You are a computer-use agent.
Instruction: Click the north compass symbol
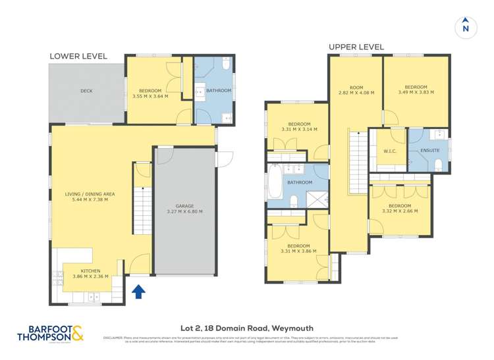tap(466, 27)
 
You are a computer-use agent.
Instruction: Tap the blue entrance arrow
tap(139, 291)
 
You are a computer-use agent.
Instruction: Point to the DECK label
tap(86, 91)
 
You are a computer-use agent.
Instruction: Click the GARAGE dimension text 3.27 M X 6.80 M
tap(184, 211)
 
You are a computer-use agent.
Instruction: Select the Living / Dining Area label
tap(90, 194)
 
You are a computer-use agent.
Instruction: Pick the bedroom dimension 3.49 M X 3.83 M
tap(416, 93)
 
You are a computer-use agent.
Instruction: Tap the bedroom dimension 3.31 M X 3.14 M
tap(299, 129)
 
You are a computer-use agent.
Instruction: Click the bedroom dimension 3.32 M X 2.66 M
tap(401, 211)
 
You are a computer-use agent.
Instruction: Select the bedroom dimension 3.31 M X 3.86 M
tap(298, 251)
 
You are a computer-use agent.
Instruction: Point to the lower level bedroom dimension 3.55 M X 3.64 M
tap(150, 96)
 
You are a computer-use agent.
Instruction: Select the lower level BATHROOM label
tap(219, 90)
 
